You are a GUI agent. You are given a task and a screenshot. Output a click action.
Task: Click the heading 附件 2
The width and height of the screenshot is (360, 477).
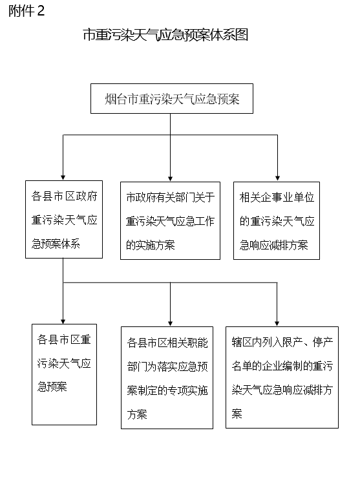coord(26,11)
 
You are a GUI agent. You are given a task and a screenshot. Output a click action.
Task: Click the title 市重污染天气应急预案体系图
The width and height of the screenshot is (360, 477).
coord(165,35)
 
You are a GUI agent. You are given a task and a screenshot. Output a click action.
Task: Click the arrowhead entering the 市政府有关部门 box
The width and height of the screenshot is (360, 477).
coord(170,178)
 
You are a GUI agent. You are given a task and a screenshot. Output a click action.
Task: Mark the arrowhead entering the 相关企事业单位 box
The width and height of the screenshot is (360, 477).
coord(277,178)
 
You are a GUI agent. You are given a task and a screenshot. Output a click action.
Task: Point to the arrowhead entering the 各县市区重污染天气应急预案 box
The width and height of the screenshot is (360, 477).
coord(63,321)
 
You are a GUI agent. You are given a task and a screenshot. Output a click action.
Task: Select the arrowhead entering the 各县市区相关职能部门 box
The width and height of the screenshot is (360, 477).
coord(170,323)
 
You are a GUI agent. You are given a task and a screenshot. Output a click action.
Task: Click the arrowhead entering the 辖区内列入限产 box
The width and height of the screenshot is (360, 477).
coord(277,323)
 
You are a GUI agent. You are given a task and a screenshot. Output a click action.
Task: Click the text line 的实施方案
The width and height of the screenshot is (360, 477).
coord(151,245)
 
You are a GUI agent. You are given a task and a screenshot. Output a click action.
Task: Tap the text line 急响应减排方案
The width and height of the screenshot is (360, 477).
coord(273,245)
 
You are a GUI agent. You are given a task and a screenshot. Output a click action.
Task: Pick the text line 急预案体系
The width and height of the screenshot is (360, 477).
coord(56,244)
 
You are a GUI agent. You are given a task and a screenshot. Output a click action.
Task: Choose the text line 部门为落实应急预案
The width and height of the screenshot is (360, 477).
coord(167,366)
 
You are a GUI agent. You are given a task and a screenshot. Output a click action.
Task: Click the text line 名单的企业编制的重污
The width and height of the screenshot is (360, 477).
coord(282,366)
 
